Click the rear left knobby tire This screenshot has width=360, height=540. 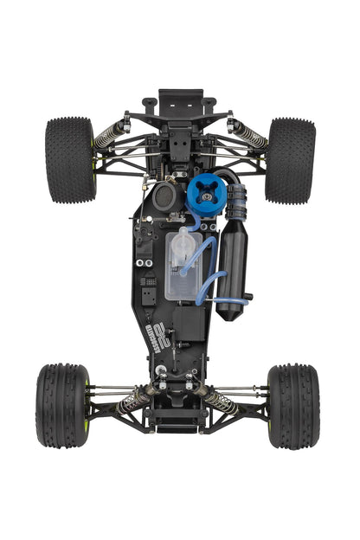click(x=69, y=160)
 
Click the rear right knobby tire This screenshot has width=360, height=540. click(x=290, y=160)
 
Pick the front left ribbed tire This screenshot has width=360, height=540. click(x=61, y=405)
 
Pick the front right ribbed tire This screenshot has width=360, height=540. click(x=293, y=405)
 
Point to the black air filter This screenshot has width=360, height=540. click(x=167, y=195)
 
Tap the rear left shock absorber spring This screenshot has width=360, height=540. click(x=111, y=133)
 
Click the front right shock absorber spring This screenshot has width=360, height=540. click(x=223, y=400)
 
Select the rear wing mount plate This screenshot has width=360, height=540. click(x=180, y=100)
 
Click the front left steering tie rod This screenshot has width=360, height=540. click(x=108, y=389)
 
